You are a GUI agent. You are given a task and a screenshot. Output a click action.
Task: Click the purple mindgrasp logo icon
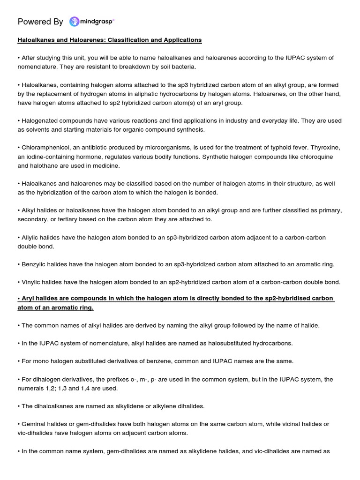(75, 22)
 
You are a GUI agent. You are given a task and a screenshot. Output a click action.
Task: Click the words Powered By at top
(40, 22)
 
